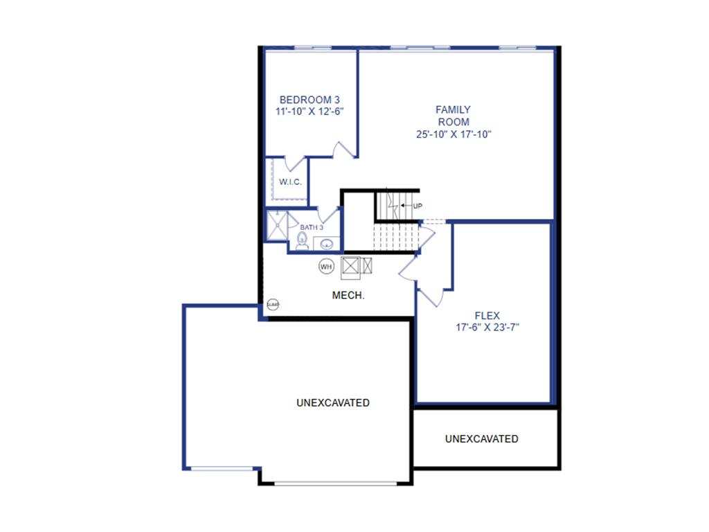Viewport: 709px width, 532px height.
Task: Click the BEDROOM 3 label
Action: pos(309,99)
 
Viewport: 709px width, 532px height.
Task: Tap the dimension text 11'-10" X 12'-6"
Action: pos(309,111)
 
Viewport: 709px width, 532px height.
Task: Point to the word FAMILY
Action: pos(453,109)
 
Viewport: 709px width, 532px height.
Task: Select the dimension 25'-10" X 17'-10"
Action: pos(453,134)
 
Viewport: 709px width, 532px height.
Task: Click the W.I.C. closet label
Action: pos(290,182)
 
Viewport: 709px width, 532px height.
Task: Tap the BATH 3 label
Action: pos(312,227)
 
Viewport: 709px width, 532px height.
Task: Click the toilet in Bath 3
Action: pos(301,240)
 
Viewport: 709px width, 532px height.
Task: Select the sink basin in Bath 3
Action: pos(326,243)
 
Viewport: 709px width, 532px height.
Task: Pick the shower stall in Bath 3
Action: pos(277,224)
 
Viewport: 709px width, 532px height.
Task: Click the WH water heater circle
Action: pos(325,265)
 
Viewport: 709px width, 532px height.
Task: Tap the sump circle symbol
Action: pos(273,304)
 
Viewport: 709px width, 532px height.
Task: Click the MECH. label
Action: pos(348,295)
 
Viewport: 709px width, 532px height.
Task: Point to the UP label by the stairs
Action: pos(418,206)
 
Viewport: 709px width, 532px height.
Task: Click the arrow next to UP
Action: pos(406,206)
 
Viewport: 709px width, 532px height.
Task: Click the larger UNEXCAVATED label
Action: pos(332,402)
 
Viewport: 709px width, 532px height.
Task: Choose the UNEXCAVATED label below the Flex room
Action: pos(482,438)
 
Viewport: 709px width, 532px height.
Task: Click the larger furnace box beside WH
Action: pos(350,265)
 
